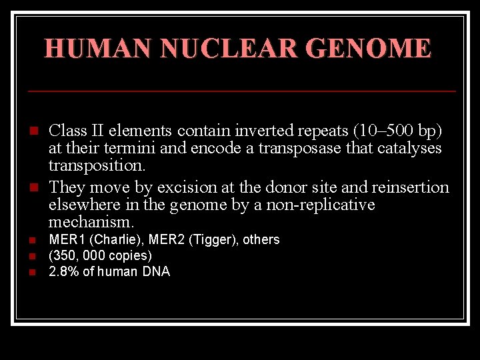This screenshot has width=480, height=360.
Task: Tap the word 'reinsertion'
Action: [x=411, y=187]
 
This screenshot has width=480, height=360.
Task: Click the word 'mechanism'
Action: [x=90, y=221]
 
